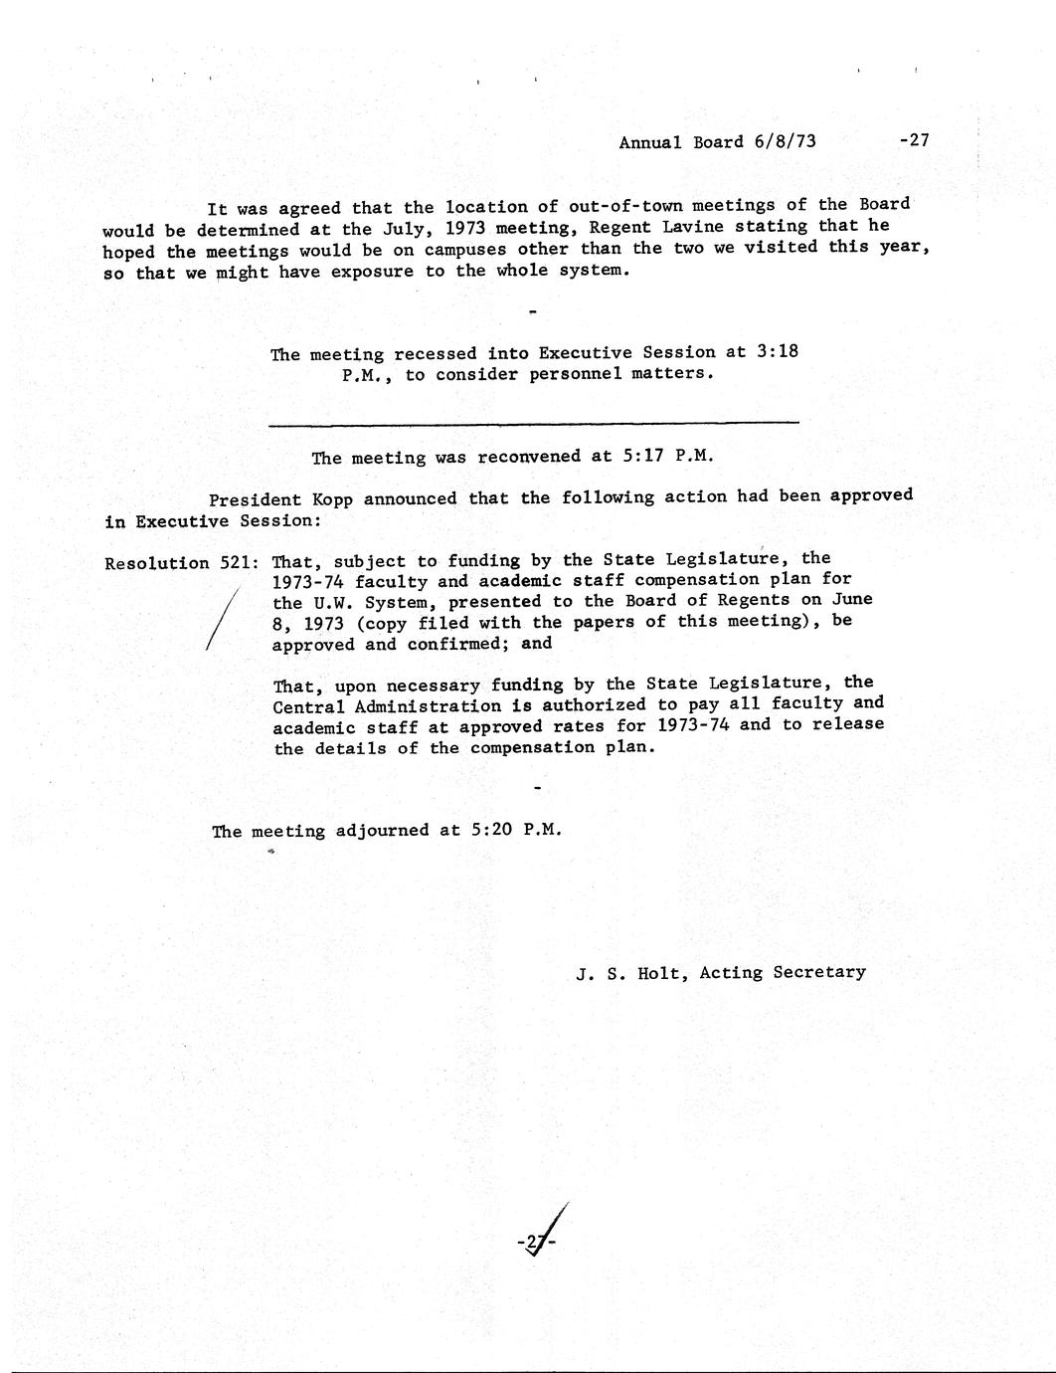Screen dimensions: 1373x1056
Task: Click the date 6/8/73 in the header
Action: coord(785,141)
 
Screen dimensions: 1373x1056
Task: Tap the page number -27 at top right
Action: coord(913,140)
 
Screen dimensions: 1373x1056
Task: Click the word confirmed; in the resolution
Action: coord(460,644)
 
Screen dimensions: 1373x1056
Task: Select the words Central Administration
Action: coord(387,705)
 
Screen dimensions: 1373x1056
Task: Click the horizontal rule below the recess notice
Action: coord(533,424)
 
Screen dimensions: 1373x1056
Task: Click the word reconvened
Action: coord(529,457)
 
